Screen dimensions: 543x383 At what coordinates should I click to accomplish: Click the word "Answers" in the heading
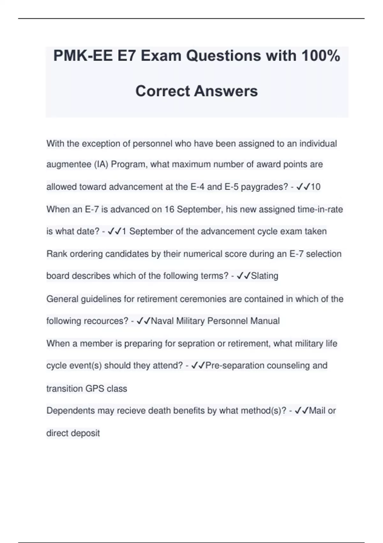[226, 91]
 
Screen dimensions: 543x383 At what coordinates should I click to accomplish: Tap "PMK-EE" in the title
[83, 56]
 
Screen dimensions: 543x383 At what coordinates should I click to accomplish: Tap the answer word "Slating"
[265, 276]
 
